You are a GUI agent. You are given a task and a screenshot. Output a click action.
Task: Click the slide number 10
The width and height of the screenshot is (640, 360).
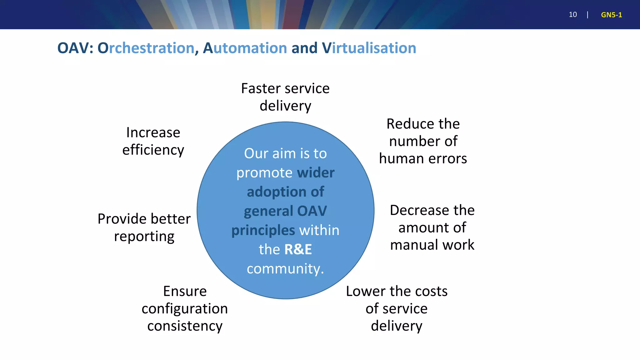[x=572, y=15]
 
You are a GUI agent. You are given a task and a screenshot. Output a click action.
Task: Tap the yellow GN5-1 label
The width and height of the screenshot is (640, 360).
[x=611, y=15]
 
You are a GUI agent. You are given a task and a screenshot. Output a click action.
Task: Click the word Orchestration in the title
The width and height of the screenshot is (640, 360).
[x=146, y=48]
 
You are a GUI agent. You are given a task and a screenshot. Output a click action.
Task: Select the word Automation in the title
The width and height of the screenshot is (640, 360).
[x=245, y=48]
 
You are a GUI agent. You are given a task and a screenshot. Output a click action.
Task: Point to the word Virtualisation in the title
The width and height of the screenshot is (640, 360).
[x=369, y=48]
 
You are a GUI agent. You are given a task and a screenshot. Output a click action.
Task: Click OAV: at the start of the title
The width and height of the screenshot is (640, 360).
[x=75, y=48]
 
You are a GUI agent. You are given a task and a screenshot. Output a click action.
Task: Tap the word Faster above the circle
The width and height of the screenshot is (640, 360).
[x=261, y=88]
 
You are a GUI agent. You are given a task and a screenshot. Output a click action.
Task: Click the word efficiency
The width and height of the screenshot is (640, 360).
[x=153, y=150]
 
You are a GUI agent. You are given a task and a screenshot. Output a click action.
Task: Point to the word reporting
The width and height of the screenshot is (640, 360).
[x=144, y=237]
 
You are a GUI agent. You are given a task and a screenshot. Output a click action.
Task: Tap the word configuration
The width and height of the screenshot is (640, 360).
[x=185, y=309]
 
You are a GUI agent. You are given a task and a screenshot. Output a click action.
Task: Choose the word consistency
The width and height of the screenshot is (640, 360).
[x=185, y=326]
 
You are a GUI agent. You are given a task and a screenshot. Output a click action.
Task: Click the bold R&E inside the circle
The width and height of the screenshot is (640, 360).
[x=298, y=249]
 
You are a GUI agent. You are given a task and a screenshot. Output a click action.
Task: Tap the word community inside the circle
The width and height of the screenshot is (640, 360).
[x=283, y=269]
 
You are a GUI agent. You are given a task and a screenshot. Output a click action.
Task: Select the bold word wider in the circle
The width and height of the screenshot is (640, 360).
[x=316, y=173]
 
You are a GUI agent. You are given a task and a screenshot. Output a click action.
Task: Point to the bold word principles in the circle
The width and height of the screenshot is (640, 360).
[x=263, y=231]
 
